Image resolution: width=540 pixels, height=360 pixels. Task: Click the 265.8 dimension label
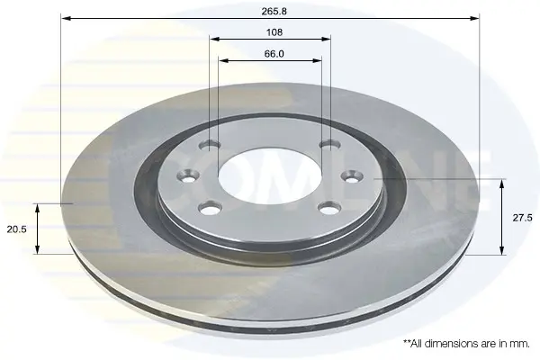(274, 12)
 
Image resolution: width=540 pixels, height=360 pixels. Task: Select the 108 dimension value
(274, 32)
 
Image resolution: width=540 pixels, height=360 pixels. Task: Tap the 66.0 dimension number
(274, 54)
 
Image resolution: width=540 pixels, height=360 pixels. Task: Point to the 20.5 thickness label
(16, 229)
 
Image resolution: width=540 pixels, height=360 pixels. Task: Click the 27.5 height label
(522, 218)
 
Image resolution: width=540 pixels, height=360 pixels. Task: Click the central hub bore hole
(270, 176)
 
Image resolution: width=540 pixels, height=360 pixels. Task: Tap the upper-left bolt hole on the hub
(210, 145)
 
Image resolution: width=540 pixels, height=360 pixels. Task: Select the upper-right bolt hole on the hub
(330, 144)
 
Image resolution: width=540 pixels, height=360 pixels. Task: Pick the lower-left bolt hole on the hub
(210, 208)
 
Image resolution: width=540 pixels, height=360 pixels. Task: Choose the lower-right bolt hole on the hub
(329, 208)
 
